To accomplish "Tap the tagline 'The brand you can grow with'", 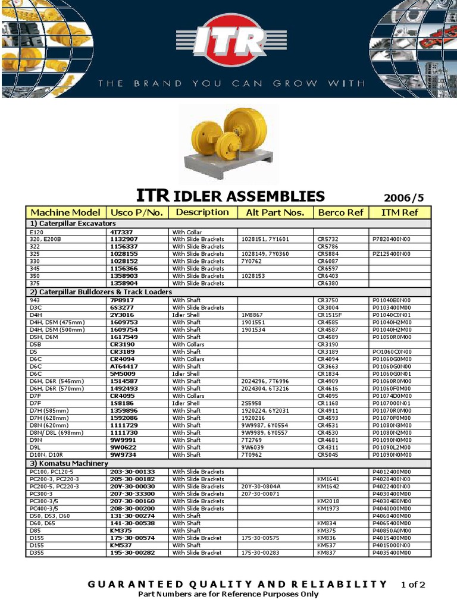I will tap(229, 84).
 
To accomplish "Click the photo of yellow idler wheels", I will tap(228, 146).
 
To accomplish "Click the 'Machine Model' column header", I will tap(65, 212).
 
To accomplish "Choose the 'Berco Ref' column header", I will tap(340, 212).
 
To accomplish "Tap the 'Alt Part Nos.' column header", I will tap(275, 212).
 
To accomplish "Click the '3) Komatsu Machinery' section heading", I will tap(69, 463).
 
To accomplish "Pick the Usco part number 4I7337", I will tap(121, 232).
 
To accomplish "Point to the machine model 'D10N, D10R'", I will tap(46, 454).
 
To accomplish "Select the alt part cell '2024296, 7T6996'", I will tap(264, 381).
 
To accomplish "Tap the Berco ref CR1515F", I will tap(330, 315).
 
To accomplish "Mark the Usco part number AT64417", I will tap(124, 366).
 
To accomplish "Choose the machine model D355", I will tap(36, 553).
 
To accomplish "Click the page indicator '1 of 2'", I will tap(413, 585).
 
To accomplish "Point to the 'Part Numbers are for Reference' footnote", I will tap(228, 594).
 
